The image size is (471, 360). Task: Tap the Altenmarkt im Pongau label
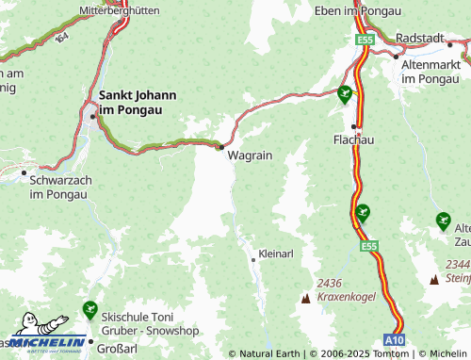click(430, 72)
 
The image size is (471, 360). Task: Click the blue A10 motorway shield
click(395, 337)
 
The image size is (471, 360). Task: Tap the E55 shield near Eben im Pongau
click(365, 40)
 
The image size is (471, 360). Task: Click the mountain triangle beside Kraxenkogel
click(305, 298)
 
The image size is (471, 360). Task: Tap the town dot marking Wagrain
click(220, 147)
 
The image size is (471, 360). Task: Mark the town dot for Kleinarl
click(252, 256)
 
